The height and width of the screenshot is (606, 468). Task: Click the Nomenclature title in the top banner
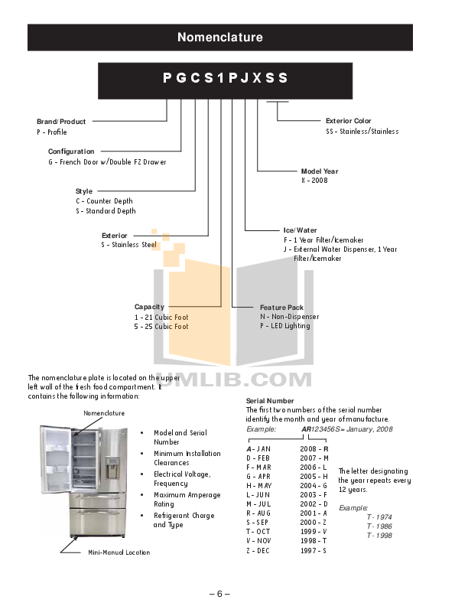(x=219, y=37)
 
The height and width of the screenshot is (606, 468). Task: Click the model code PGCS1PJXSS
(x=225, y=78)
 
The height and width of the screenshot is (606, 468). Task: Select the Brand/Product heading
(x=61, y=122)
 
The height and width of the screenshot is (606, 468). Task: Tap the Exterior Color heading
(x=348, y=121)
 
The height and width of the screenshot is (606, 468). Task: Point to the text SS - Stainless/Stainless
(x=362, y=132)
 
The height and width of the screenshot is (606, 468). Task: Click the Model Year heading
(x=319, y=171)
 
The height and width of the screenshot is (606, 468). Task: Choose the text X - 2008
(x=314, y=181)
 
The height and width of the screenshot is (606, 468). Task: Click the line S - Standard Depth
(x=106, y=211)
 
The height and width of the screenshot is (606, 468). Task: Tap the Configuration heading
(x=71, y=151)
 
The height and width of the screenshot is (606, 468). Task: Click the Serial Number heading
(x=269, y=401)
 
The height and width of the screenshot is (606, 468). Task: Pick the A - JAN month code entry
(x=258, y=448)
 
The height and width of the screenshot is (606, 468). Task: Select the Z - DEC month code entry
(x=258, y=551)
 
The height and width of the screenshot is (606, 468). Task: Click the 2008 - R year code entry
(x=314, y=448)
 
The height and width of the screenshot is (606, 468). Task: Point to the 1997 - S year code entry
(x=314, y=551)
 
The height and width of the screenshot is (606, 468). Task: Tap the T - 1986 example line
(x=379, y=526)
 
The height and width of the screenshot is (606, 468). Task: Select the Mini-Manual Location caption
(x=119, y=552)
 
